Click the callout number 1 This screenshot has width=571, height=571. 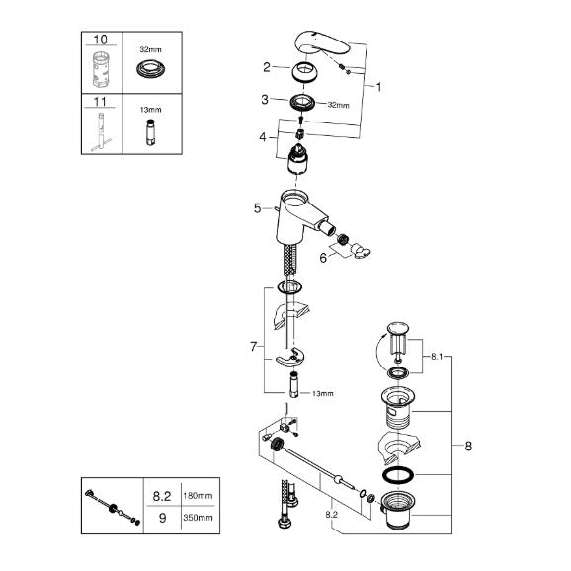coord(378,87)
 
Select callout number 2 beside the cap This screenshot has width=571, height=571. coord(267,67)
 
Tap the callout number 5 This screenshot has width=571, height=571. coord(258,208)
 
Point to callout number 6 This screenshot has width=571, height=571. coord(323,258)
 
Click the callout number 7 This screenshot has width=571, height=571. coord(254,347)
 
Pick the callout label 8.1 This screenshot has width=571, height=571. coord(437,357)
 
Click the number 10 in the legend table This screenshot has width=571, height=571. coord(101,40)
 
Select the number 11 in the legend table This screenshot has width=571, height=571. coord(100,101)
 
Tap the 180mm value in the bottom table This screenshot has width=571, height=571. coord(198,496)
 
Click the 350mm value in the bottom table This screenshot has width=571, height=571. coord(198,517)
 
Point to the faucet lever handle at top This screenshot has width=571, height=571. coord(322,44)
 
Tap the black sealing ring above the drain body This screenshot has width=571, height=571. coord(398,474)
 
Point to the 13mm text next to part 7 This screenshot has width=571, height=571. coord(323,393)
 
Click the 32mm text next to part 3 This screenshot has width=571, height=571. coord(338,105)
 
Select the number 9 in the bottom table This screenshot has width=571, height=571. coord(162,518)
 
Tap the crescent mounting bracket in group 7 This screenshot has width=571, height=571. coord(290,358)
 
